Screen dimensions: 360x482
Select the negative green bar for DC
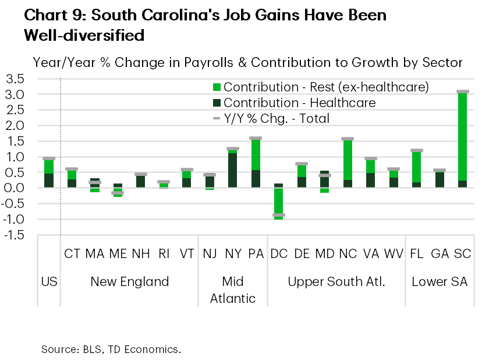(x=279, y=203)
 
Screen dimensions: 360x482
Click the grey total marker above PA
(x=256, y=138)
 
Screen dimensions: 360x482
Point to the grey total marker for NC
(x=348, y=139)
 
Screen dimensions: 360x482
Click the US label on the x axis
(x=49, y=282)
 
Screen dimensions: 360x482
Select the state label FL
(x=416, y=254)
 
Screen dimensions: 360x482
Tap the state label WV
(x=394, y=254)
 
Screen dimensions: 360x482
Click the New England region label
(x=129, y=282)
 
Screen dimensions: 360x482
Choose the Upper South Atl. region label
(x=336, y=282)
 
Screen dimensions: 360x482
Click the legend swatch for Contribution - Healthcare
(x=217, y=103)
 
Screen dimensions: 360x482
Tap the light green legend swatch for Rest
(x=217, y=87)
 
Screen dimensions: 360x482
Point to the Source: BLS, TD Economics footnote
(x=111, y=350)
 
